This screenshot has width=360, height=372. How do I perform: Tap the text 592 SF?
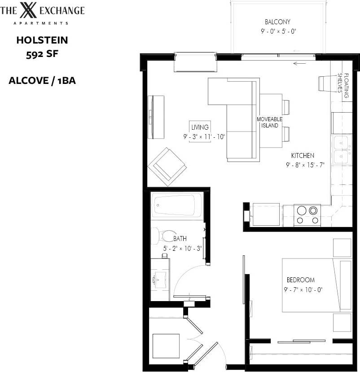coord(42,55)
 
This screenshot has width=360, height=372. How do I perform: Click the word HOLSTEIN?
coord(42,40)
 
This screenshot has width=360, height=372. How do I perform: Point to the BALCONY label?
coord(277,22)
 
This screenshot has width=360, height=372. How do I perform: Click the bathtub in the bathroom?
coord(176,205)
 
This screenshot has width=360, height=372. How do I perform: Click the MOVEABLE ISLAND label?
coord(269,122)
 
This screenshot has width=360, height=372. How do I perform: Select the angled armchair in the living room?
coord(167,166)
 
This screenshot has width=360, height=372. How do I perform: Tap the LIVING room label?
coord(200,127)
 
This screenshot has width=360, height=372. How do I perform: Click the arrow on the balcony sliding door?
coord(299,63)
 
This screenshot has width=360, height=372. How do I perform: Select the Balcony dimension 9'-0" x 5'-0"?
coord(277,31)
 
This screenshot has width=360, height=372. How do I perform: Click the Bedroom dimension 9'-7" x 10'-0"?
coord(303,289)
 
